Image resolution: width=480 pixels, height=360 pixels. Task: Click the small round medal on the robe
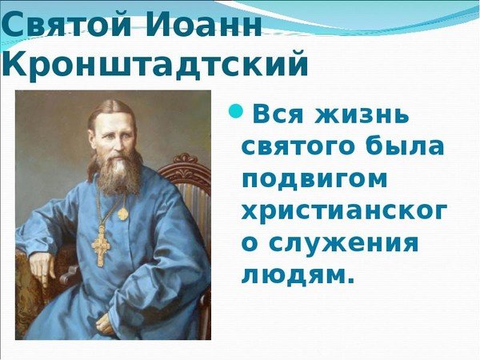pyautogui.click(x=122, y=214)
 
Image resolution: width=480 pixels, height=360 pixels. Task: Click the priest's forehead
pyautogui.click(x=117, y=115)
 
